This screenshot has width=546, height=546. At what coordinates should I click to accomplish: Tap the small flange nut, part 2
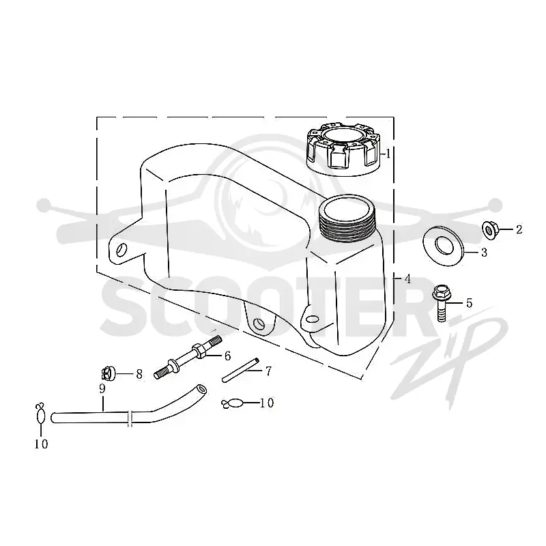point(490,229)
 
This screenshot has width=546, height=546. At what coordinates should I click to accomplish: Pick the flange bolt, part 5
point(442,302)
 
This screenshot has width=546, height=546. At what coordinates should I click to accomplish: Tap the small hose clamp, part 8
point(108,373)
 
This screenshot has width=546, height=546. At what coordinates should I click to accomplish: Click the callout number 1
point(388,154)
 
